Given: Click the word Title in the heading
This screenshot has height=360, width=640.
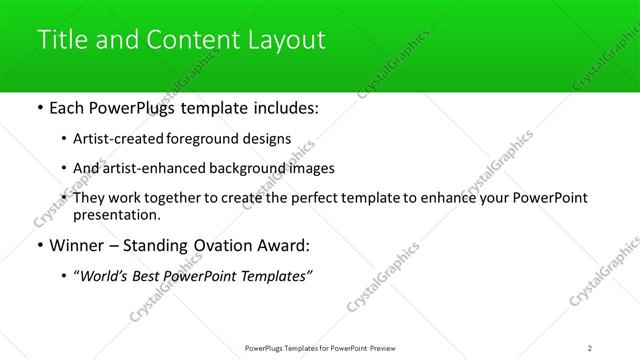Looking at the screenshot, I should (59, 40).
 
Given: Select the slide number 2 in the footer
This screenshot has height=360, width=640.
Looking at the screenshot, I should (590, 347).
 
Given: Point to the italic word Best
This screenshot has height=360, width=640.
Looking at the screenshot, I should (148, 276).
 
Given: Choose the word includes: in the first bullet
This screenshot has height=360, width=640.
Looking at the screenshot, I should (283, 107).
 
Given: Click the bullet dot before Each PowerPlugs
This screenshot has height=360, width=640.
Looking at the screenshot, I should (39, 107).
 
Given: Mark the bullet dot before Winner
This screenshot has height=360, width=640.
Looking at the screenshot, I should (39, 245).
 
